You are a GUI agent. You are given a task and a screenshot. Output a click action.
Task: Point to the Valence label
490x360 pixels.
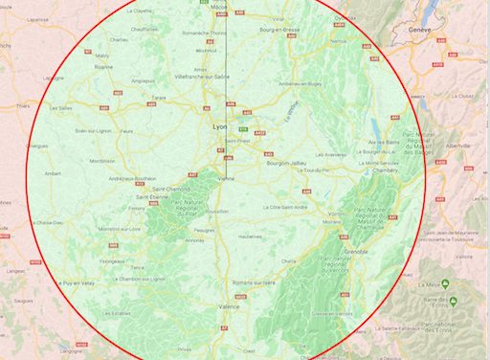click(230, 306)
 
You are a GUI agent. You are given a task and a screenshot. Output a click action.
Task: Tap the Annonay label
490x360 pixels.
click(195, 241)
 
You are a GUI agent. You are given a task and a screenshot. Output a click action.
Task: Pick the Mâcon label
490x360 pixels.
click(219, 6)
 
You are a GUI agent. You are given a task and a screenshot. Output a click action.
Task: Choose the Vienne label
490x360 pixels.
click(227, 178)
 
